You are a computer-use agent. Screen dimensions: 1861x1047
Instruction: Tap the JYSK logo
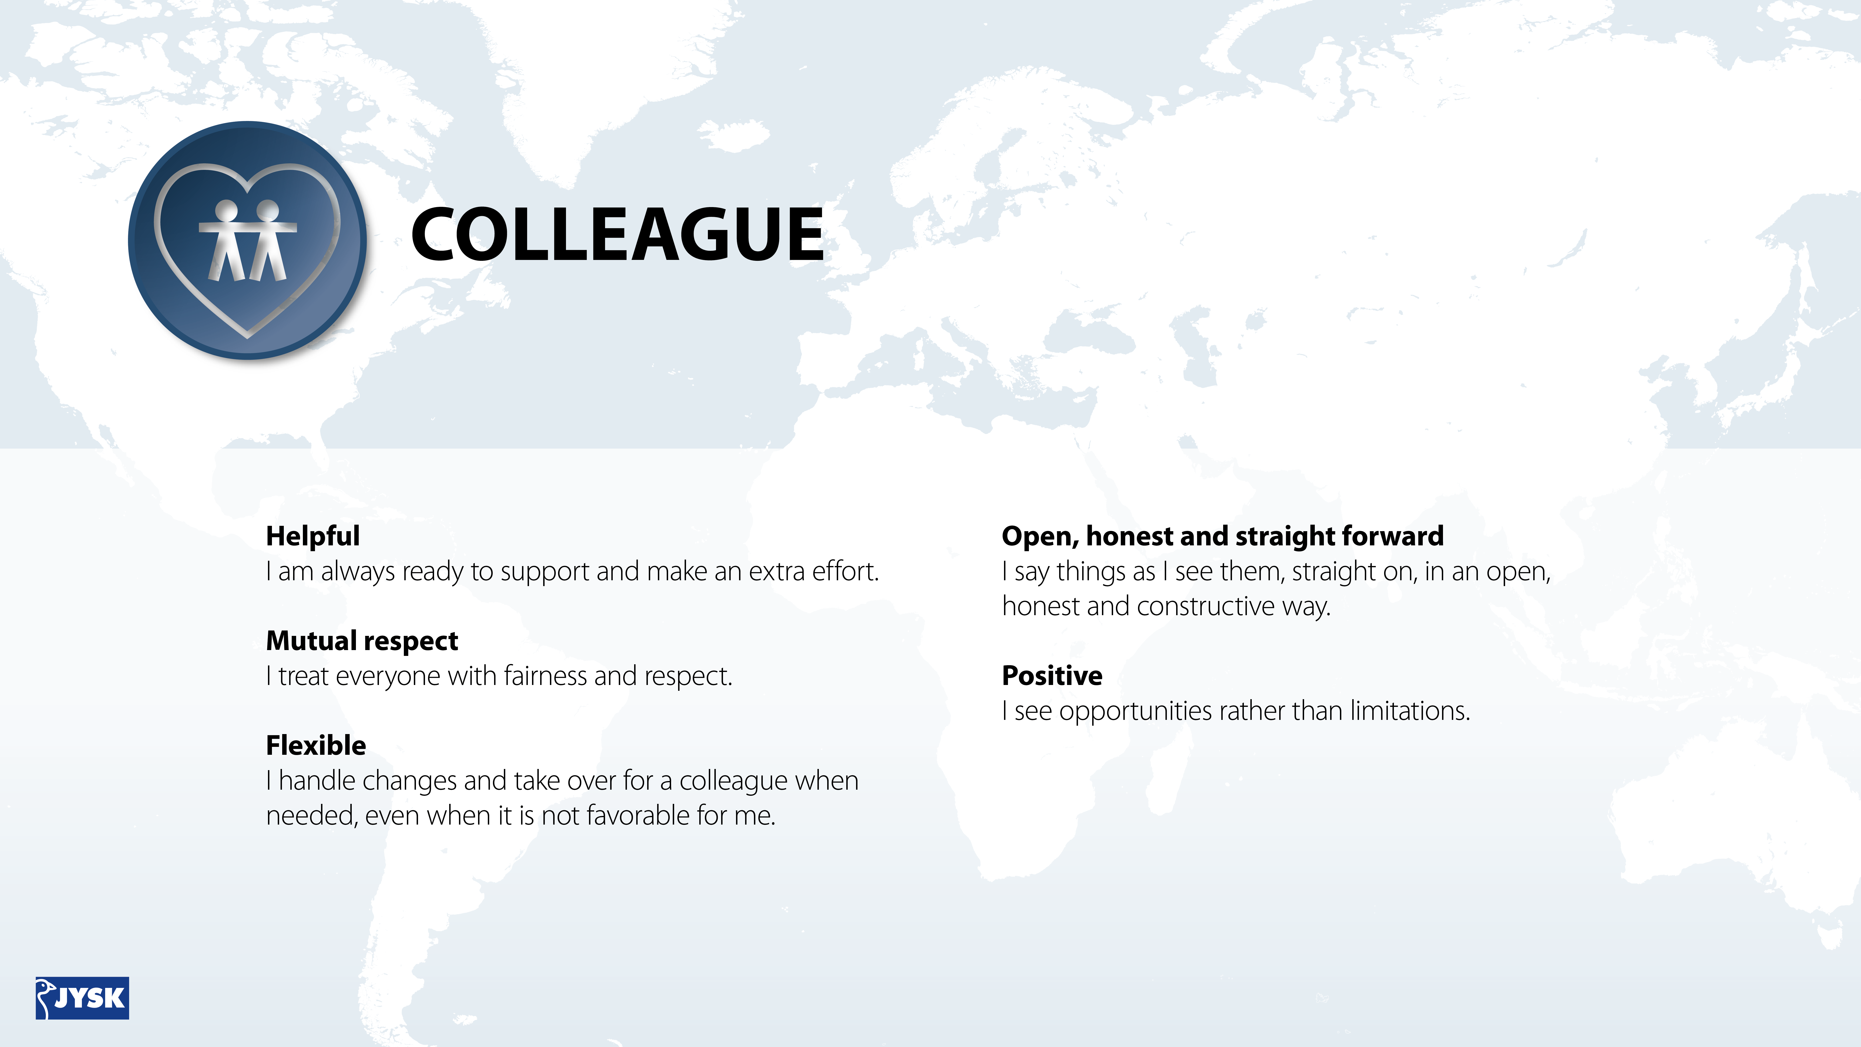(x=82, y=998)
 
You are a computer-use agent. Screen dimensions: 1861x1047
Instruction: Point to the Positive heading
(x=1052, y=676)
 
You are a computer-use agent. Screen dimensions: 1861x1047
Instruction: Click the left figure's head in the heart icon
(x=226, y=210)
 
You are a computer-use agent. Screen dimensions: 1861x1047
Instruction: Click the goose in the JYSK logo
(x=46, y=997)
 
